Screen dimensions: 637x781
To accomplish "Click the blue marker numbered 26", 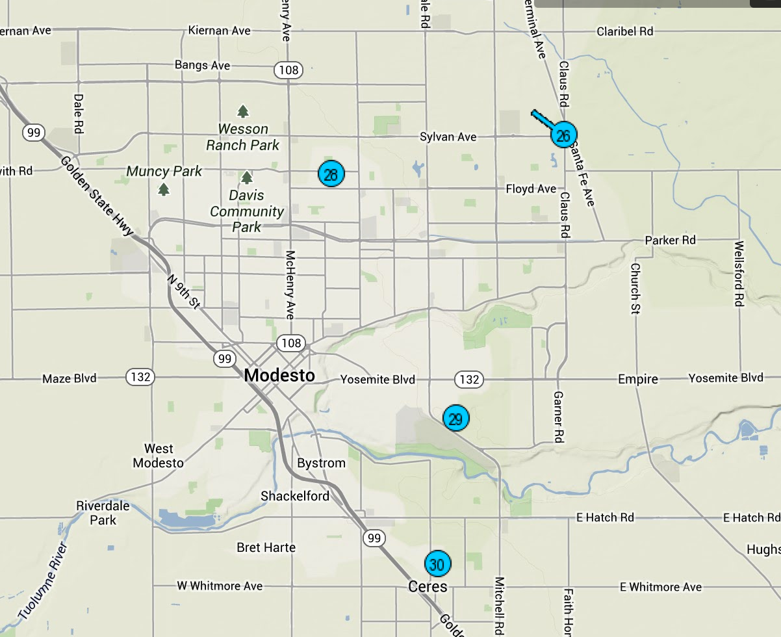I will (x=563, y=135).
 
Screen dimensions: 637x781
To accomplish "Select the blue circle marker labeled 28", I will (x=331, y=174).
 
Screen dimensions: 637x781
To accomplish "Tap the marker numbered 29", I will (x=455, y=418).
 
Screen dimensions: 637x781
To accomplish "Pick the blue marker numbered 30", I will (x=437, y=564).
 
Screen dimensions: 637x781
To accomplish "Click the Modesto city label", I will (x=279, y=375).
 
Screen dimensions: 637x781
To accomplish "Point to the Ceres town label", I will (x=428, y=587).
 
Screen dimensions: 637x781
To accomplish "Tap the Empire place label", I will (x=637, y=379).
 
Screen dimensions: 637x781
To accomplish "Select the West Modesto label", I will (x=159, y=456).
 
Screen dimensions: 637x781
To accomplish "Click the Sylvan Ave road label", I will (x=448, y=137).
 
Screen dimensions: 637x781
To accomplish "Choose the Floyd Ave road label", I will (x=531, y=189).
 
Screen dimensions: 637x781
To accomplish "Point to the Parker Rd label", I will (x=670, y=240).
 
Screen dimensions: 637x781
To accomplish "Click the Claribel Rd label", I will (x=625, y=31).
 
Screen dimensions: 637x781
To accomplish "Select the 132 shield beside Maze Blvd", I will (x=139, y=377).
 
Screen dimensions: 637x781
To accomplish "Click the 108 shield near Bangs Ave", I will (x=287, y=70).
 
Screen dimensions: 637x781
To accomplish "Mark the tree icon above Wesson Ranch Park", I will (x=243, y=111).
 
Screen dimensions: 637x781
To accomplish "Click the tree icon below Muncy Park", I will (x=164, y=189).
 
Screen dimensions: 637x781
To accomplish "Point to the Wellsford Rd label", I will (x=739, y=274).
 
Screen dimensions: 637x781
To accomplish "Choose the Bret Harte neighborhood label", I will (x=266, y=548).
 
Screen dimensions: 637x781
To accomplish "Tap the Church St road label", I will (x=635, y=289).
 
